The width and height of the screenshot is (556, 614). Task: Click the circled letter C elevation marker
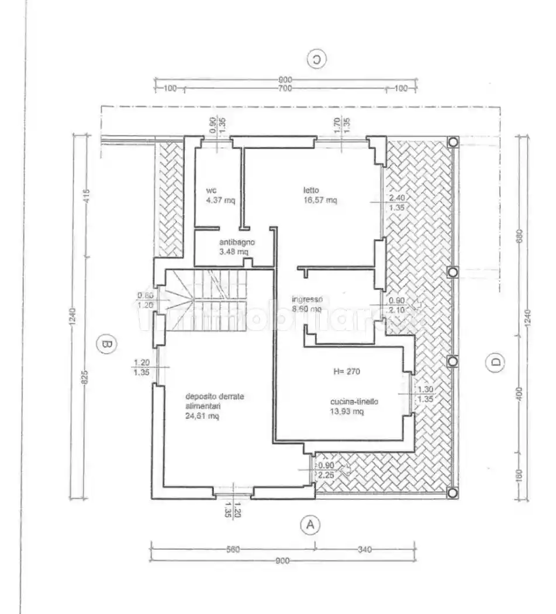[316, 59]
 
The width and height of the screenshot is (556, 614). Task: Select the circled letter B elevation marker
[106, 345]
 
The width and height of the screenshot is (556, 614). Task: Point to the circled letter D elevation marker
[495, 363]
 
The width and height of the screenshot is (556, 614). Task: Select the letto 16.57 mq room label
[319, 195]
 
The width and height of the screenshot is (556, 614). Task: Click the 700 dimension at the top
[285, 88]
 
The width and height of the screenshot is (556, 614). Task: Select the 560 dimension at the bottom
[233, 549]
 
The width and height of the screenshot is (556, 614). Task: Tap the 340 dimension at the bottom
[364, 549]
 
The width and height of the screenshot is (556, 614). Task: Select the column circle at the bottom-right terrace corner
[453, 493]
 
